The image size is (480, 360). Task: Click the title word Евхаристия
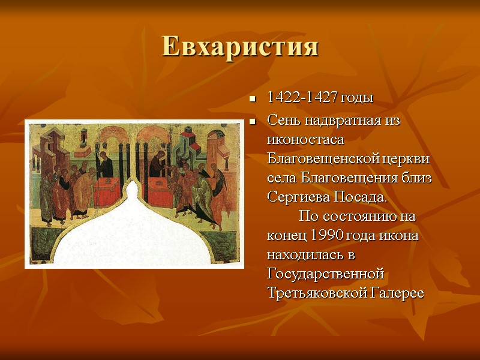240,47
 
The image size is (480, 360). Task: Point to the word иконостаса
305,140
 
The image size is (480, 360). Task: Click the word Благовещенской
326,159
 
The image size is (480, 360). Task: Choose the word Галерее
397,293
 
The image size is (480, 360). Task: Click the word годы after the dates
356,98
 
